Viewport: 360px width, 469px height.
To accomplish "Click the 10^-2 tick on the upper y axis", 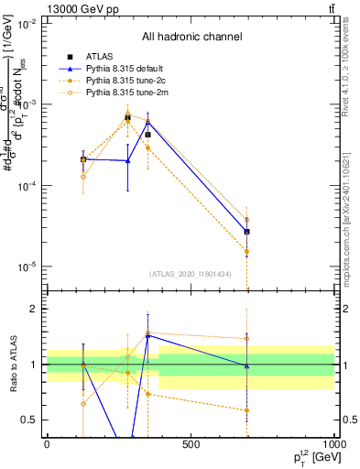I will pos(27,24).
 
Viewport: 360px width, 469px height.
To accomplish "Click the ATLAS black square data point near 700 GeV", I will pos(246,231).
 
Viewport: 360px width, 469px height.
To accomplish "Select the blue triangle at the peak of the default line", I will pos(147,122).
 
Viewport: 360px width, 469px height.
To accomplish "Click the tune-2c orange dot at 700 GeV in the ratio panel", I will pos(246,410).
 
